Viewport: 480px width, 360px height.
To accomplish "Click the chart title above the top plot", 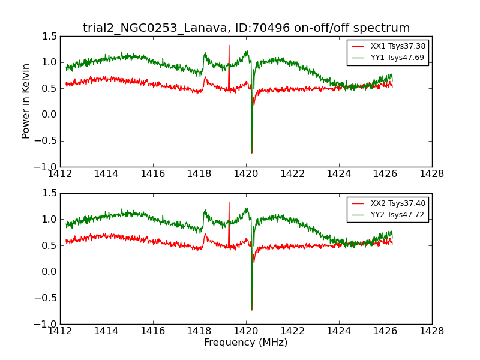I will click(x=246, y=28).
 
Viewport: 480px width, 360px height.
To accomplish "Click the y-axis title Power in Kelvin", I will click(x=26, y=101).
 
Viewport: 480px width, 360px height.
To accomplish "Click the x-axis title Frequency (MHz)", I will click(x=245, y=343).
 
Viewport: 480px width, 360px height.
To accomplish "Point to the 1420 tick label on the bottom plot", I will click(x=246, y=331).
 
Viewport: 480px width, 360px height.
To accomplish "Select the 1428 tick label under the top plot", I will click(x=431, y=173).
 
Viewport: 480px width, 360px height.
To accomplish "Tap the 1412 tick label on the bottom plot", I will click(x=60, y=331).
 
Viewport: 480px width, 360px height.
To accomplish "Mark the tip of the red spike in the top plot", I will click(x=229, y=45).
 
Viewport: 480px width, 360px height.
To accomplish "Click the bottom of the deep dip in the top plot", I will click(x=252, y=153).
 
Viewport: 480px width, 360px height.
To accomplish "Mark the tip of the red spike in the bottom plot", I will click(x=229, y=202).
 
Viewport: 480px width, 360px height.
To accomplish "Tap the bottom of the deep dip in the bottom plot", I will click(x=252, y=310).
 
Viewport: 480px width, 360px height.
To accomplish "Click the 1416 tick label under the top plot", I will click(x=153, y=173).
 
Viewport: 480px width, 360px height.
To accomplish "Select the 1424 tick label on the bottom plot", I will click(x=338, y=331).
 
